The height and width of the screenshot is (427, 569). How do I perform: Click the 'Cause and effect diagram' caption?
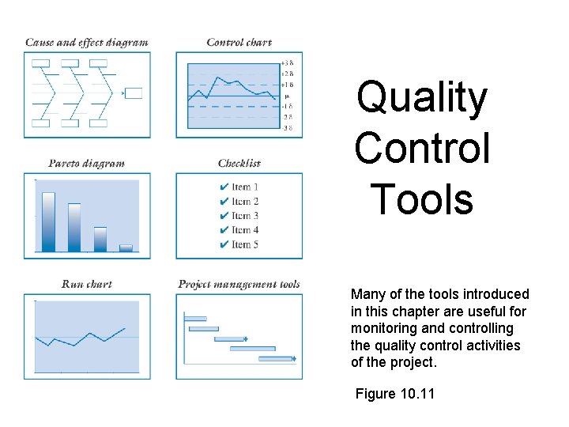coord(86,43)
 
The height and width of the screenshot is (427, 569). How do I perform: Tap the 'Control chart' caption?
coord(239,43)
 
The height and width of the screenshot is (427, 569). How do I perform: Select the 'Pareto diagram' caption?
coord(86,164)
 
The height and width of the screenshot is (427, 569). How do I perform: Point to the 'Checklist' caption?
coord(239,164)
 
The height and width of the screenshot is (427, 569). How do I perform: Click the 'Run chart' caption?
coord(86,284)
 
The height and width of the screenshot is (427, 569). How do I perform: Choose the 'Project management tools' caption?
coord(239,284)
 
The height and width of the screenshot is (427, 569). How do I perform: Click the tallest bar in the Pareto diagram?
coord(48,221)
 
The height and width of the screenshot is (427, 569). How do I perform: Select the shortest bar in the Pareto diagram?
coord(126,248)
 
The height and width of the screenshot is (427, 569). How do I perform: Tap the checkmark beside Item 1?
coord(224,187)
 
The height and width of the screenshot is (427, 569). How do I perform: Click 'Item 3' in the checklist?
coord(245,216)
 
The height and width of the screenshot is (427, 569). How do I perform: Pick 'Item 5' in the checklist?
coord(245,244)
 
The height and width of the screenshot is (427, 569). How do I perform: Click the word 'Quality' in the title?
coord(422,99)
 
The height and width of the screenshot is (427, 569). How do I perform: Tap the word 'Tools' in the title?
coord(422,198)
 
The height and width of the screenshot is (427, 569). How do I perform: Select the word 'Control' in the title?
coord(422,148)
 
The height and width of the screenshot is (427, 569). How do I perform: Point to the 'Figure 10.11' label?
coord(394,394)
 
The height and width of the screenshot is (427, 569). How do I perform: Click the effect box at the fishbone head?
coord(134,93)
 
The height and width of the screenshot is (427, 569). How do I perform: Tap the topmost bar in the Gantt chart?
coord(194,318)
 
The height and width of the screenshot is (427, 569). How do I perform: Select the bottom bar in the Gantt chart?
coord(277,359)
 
